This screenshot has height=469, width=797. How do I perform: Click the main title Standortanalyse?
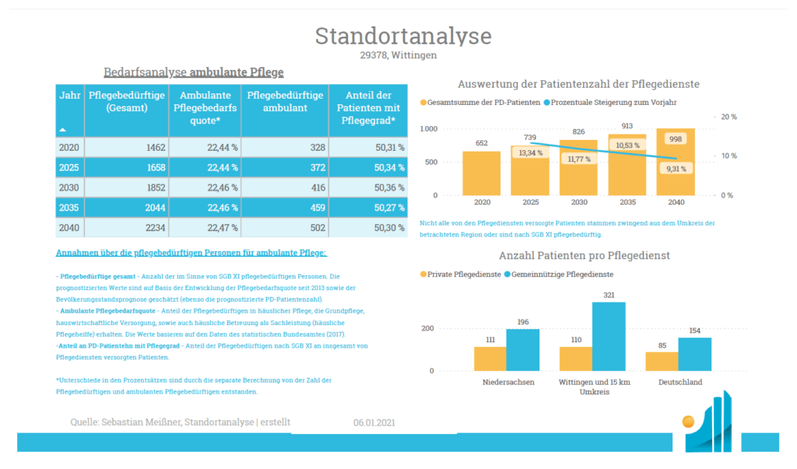coord(403,36)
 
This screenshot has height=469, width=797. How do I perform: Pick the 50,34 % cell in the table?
coord(367,167)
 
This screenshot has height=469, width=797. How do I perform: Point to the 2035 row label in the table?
coord(70,208)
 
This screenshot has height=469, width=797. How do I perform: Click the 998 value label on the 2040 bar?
coord(676,138)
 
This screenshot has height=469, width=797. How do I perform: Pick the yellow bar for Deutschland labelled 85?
coord(662,361)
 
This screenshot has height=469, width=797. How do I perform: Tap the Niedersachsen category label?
coord(507,383)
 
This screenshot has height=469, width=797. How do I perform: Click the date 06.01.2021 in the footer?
coord(374,423)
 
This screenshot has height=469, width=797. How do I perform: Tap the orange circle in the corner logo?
coord(688,422)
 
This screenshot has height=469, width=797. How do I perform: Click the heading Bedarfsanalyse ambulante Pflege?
coord(194,72)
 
